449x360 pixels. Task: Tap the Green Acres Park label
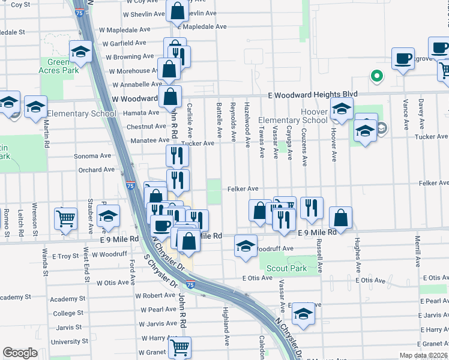pos(63,66)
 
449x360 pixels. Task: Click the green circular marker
pos(376,76)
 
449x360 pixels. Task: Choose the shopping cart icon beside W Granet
pos(179,346)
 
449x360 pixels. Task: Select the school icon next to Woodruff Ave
pos(246,246)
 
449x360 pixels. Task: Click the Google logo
pos(20,353)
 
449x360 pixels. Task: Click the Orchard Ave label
pos(96,170)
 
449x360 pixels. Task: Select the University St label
pos(70,341)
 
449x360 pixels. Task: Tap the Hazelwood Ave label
pos(247,125)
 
